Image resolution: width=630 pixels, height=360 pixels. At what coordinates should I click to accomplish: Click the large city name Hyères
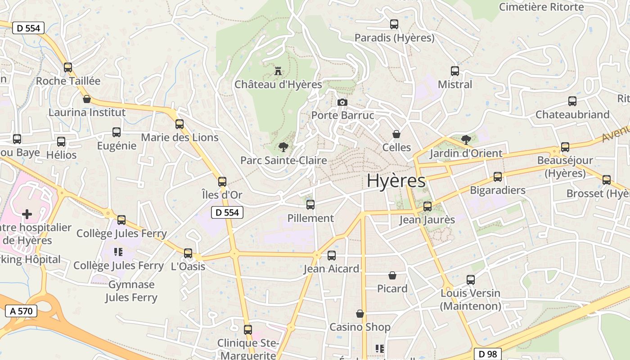click(x=396, y=180)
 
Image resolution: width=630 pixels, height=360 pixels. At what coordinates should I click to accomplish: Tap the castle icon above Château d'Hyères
click(x=278, y=71)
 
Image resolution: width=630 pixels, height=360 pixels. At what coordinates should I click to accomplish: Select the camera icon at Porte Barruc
click(x=342, y=102)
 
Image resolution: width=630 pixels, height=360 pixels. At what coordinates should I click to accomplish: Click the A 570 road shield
click(x=21, y=310)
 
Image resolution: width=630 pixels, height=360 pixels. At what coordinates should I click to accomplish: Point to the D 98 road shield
click(x=488, y=354)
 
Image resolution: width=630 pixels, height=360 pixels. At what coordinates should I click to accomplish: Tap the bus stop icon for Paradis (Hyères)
click(x=394, y=24)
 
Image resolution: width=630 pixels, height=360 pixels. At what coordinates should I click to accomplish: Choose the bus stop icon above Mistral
click(x=455, y=71)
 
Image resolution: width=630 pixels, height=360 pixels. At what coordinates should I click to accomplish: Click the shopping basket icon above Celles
click(x=396, y=134)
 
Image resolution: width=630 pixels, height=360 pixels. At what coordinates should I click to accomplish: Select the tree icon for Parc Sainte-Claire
click(x=283, y=147)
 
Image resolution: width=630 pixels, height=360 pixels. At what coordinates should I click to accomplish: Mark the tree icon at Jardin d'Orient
click(x=466, y=139)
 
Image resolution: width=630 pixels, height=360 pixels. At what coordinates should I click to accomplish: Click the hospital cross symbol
click(x=27, y=214)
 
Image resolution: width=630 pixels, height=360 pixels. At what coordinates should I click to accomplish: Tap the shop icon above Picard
click(x=392, y=275)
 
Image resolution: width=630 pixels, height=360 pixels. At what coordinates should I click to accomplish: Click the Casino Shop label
click(x=360, y=327)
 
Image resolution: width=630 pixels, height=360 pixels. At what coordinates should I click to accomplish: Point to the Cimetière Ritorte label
click(x=541, y=7)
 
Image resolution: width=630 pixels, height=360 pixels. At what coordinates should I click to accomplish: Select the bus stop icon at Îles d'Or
click(x=222, y=182)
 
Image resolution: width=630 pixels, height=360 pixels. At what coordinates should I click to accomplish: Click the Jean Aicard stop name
click(x=331, y=269)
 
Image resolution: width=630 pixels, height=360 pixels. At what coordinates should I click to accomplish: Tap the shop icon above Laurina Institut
click(x=87, y=99)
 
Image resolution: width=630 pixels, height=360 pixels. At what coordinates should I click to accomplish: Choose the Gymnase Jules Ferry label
click(x=131, y=291)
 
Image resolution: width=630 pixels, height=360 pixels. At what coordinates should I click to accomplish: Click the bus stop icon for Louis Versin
click(x=471, y=280)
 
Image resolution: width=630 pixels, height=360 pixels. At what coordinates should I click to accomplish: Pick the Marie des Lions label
click(x=180, y=137)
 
